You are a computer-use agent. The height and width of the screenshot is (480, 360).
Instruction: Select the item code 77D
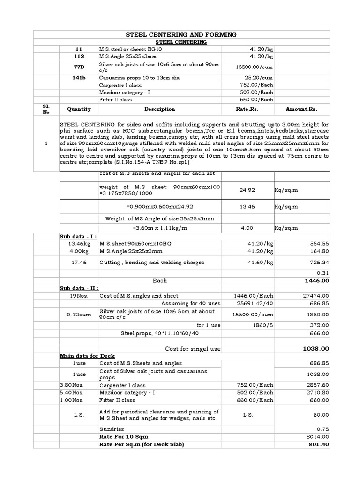[79, 67]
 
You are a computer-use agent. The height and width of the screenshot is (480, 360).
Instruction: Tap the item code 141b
[79, 78]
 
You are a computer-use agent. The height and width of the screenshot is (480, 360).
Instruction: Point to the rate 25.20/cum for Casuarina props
[258, 78]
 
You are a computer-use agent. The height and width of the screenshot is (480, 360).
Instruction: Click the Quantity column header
[79, 109]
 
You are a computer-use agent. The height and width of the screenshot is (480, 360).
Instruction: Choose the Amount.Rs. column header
[301, 109]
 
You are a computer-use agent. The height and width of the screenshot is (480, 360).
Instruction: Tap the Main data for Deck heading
[87, 356]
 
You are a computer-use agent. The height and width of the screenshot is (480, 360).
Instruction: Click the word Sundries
[112, 428]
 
